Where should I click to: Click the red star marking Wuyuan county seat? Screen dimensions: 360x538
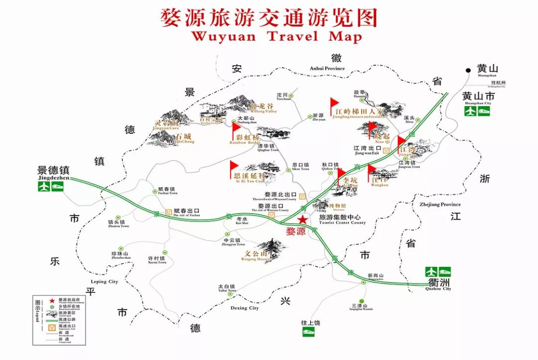click(x=302, y=220)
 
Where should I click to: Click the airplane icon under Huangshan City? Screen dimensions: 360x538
click(x=471, y=111)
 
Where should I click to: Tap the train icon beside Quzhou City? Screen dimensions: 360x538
click(x=444, y=272)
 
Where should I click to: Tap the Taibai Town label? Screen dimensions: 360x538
click(x=227, y=287)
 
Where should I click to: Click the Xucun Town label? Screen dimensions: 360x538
click(x=156, y=259)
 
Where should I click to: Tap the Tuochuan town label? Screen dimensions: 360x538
click(x=283, y=96)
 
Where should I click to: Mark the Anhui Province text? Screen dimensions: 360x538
click(x=327, y=68)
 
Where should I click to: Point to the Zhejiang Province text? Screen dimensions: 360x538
click(x=440, y=204)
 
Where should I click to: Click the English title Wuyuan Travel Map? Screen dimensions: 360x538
click(x=276, y=36)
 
